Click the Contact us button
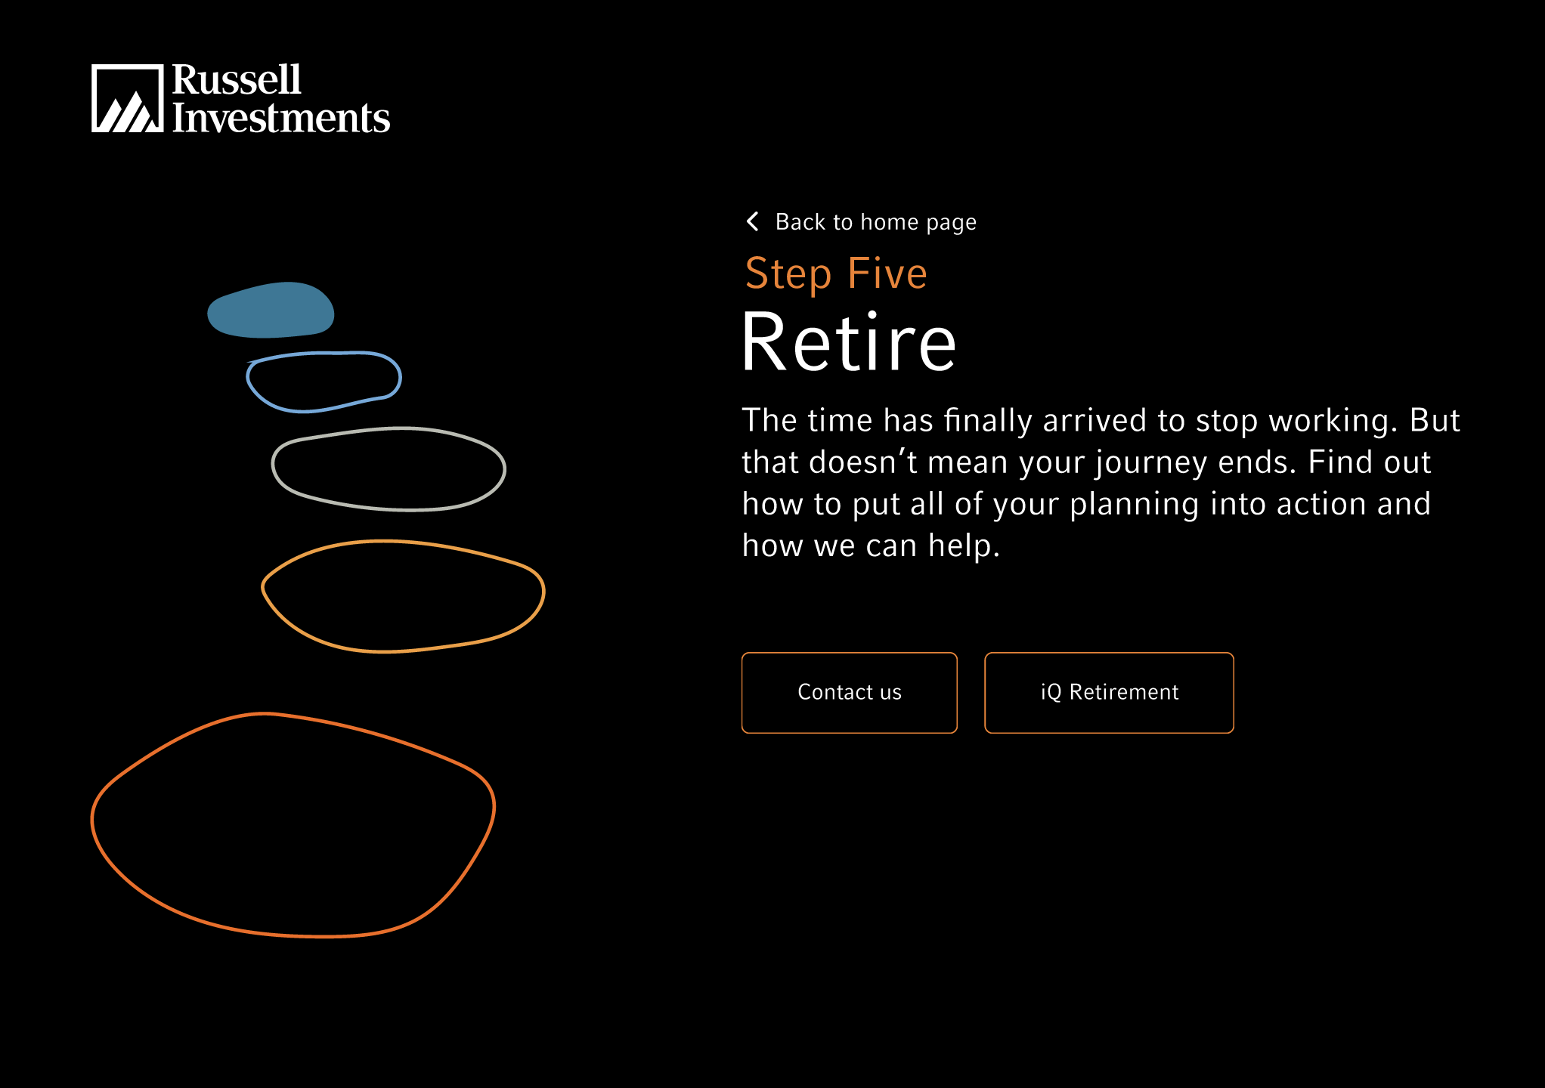tap(849, 692)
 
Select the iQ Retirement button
tap(1109, 692)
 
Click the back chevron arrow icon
tap(752, 221)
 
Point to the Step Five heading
tap(836, 274)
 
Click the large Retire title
tap(849, 342)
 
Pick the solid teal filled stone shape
tap(271, 310)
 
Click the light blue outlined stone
tap(324, 353)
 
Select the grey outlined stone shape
tap(389, 428)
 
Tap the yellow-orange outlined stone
tap(403, 542)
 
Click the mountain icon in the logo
tap(127, 98)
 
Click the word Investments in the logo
tap(281, 118)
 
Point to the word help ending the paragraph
tap(964, 545)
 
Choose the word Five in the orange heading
tap(887, 273)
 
